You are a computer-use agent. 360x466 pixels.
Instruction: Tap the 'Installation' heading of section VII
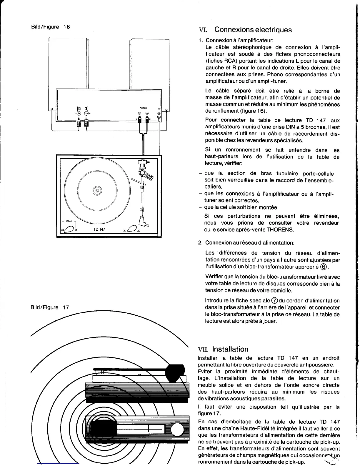coord(230,349)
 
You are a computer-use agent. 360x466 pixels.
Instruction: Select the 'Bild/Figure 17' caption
coord(50,307)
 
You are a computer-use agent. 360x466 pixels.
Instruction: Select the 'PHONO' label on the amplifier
coord(143,108)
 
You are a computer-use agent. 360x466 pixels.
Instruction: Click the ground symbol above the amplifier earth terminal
coord(159,108)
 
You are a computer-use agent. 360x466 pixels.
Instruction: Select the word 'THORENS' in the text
coord(282,229)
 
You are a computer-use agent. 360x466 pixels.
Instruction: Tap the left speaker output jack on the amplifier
coord(78,113)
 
